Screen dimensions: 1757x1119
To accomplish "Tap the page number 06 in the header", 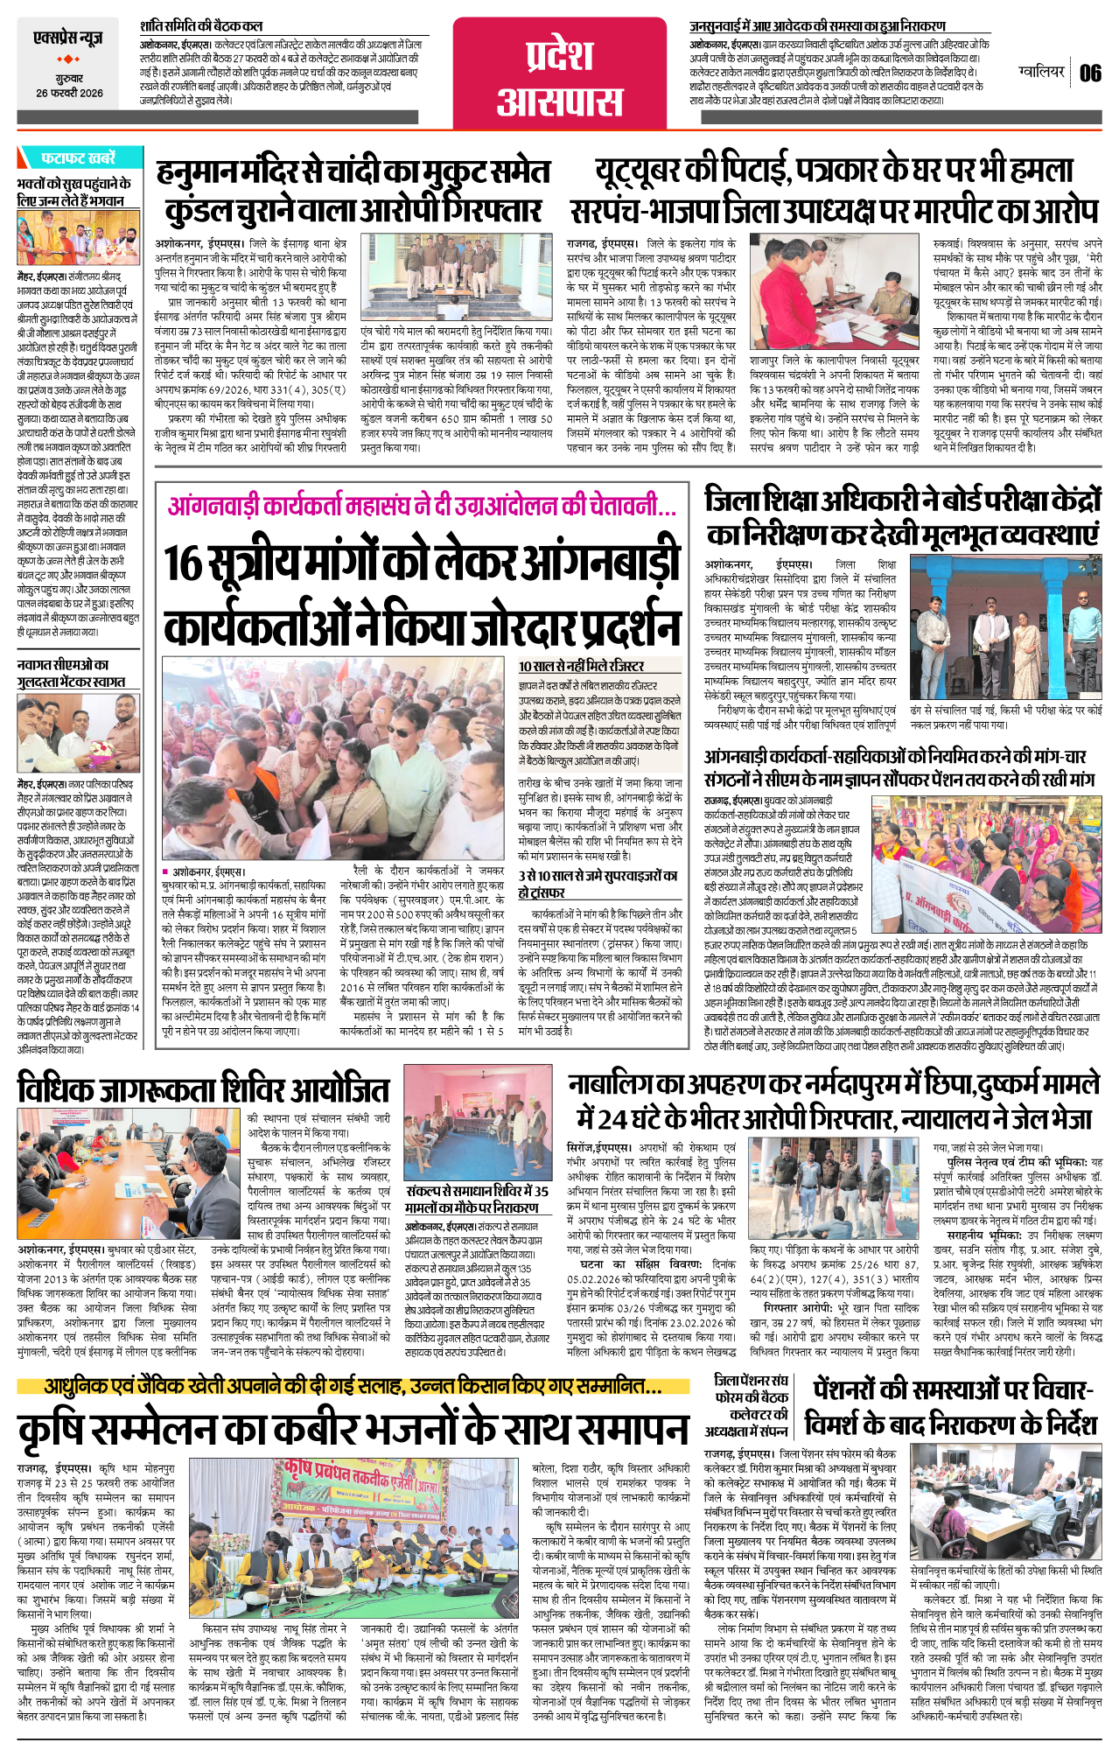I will pyautogui.click(x=1089, y=73).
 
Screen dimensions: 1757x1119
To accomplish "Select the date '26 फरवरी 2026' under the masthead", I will pyautogui.click(x=69, y=94).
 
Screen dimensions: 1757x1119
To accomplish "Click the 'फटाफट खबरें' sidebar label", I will pyautogui.click(x=77, y=158).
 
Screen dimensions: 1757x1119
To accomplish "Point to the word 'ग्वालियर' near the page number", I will pyautogui.click(x=1042, y=71).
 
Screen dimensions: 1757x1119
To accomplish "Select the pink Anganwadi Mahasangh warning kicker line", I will pyautogui.click(x=422, y=507).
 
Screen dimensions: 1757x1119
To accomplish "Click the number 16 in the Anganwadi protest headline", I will pyautogui.click(x=185, y=563).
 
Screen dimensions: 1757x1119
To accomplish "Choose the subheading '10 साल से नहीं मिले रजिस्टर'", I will pyautogui.click(x=581, y=666).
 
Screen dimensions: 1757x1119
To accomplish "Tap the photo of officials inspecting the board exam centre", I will pyautogui.click(x=1005, y=626).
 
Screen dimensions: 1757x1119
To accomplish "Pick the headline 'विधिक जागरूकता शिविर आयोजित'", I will pyautogui.click(x=203, y=1089).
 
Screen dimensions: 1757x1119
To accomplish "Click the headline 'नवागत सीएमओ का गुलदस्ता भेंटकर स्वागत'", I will pyautogui.click(x=71, y=673).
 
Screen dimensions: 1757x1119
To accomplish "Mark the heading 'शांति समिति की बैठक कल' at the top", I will pyautogui.click(x=200, y=26).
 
